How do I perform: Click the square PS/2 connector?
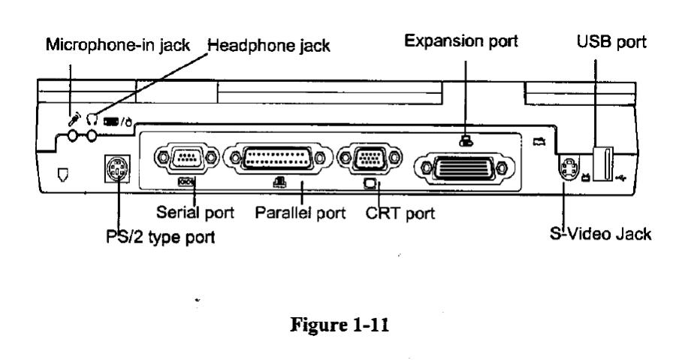click(116, 171)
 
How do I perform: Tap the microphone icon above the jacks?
click(74, 118)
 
